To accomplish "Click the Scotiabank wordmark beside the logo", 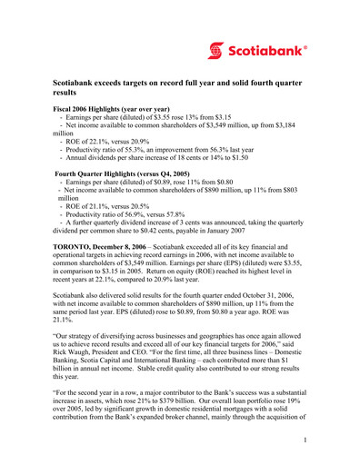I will [x=270, y=48].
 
